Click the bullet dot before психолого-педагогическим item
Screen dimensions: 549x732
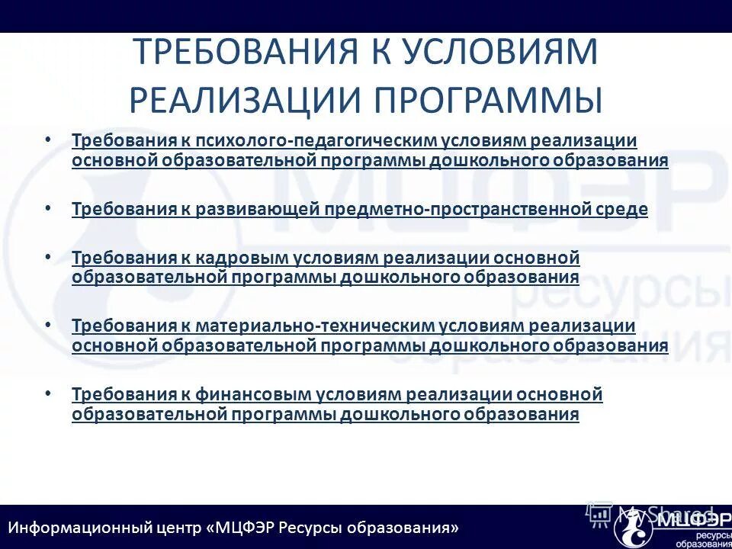(48, 140)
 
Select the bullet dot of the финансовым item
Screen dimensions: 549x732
(48, 393)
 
